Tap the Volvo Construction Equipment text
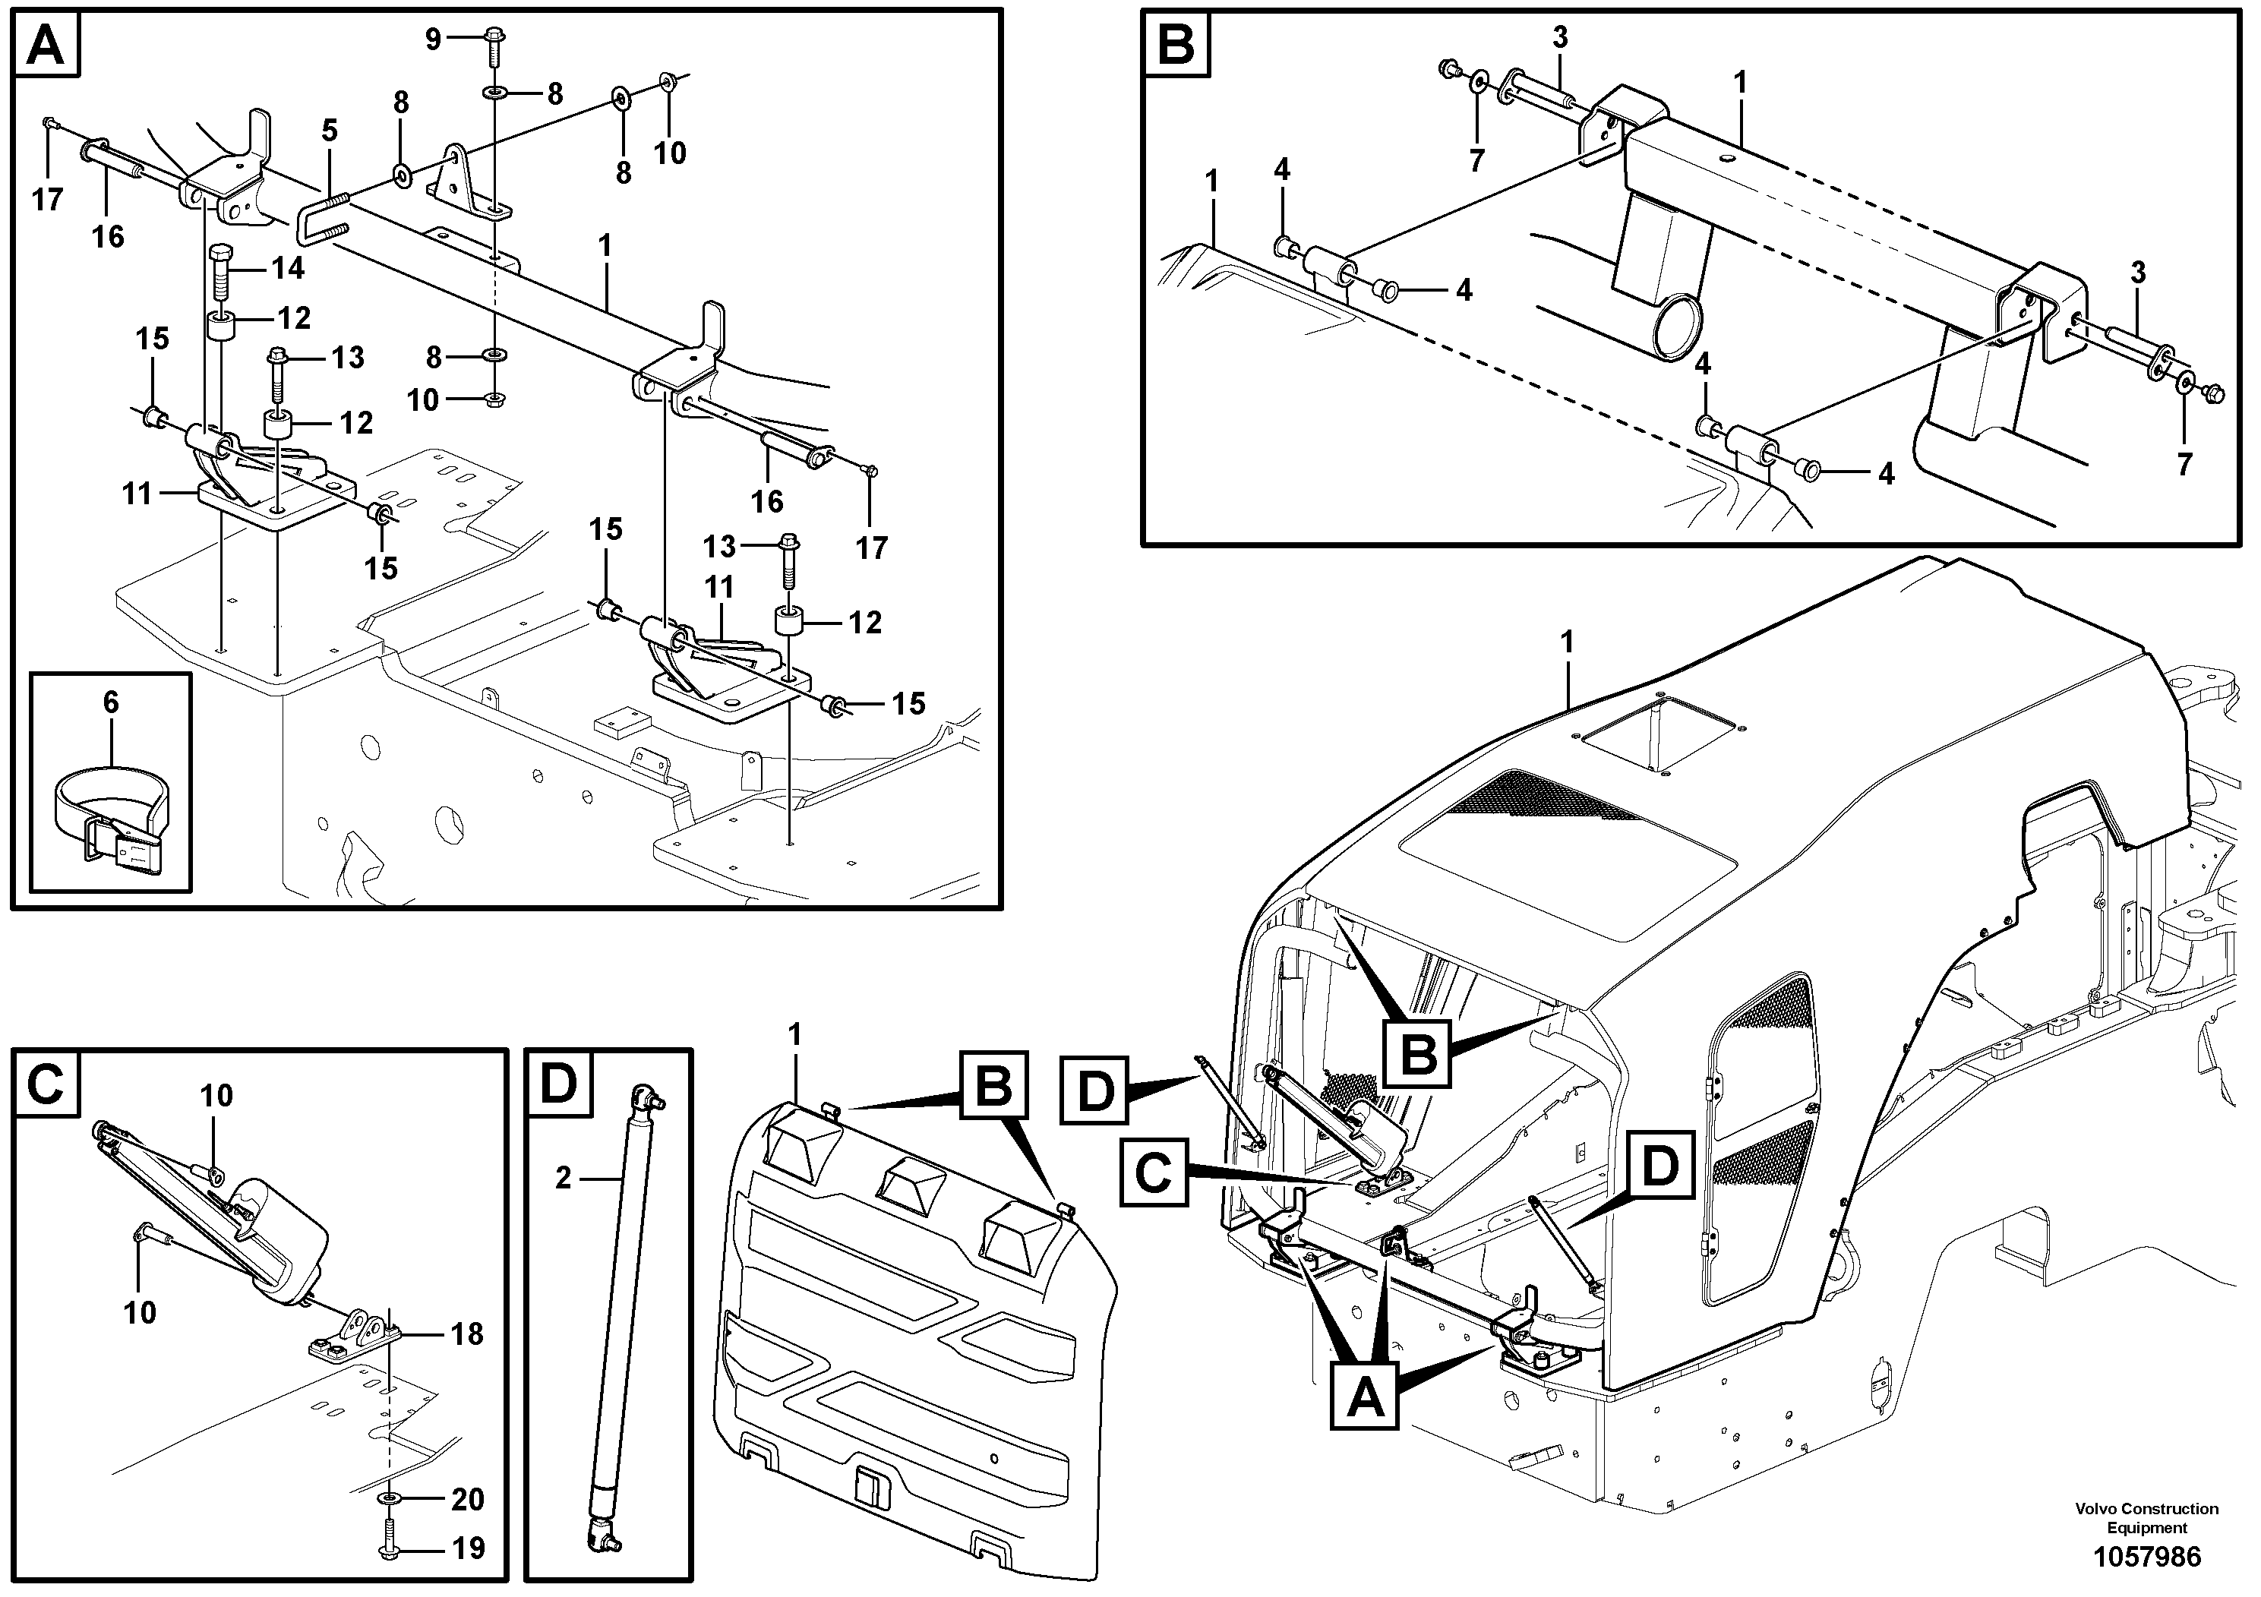click(2147, 1517)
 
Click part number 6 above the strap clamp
click(110, 702)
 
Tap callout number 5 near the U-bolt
click(329, 130)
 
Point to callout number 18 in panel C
click(467, 1334)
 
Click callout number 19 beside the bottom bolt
click(467, 1548)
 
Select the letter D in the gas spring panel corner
click(558, 1084)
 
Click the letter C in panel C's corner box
click(46, 1084)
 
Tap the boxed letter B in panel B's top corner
click(1176, 44)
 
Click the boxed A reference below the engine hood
click(1364, 1397)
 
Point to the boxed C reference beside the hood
click(1153, 1173)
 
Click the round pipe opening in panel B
click(1676, 331)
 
